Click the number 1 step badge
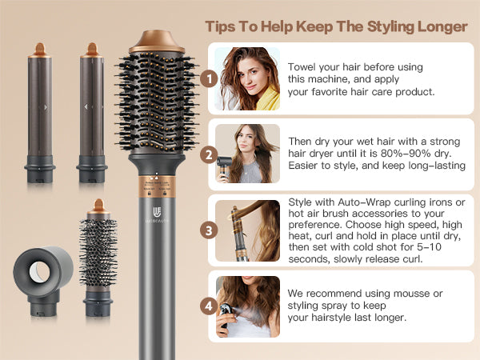pos(209,78)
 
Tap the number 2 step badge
pos(209,155)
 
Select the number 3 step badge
pos(209,230)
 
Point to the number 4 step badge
pos(209,306)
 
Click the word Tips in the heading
pos(221,27)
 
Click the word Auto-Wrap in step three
pos(364,202)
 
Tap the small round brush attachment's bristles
pos(98,253)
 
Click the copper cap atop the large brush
pos(157,42)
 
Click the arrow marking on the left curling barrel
pos(46,107)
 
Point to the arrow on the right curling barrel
pos(86,107)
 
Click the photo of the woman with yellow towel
pos(247,78)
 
